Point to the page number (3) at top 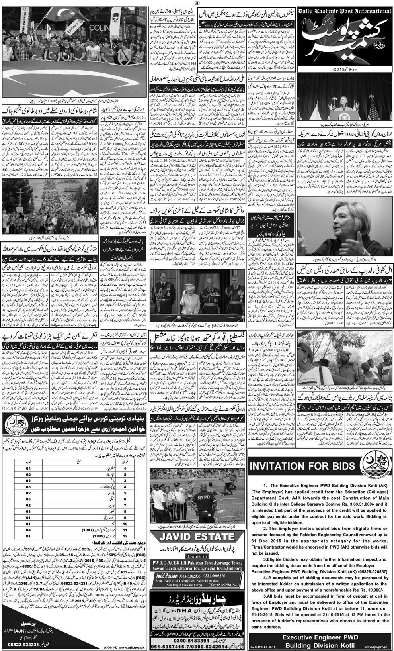197,4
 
